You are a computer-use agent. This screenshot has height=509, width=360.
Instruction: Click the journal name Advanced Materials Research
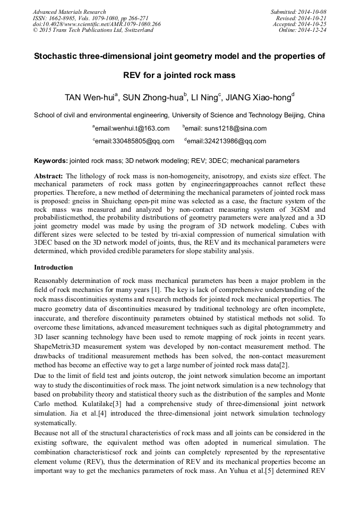coord(69,12)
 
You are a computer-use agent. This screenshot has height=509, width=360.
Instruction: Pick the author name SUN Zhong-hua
coord(154,98)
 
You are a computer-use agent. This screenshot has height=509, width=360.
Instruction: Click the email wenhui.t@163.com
coord(133,128)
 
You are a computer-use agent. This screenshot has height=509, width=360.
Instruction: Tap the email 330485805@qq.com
coord(134,141)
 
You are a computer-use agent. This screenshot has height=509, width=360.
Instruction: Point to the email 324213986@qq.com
coord(226,141)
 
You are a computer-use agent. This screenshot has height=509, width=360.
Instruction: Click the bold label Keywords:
coord(50,160)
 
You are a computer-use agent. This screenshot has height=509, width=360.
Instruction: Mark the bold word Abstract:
coord(48,176)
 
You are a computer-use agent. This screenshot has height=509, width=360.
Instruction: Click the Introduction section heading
coord(53,268)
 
